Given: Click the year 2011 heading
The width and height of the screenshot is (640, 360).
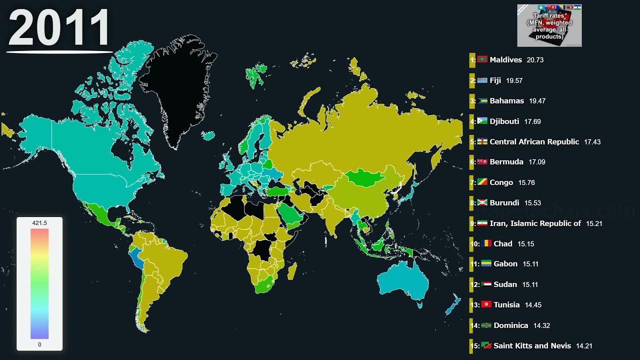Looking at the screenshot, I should (59, 28).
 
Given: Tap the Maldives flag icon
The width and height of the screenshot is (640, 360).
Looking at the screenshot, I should (482, 59).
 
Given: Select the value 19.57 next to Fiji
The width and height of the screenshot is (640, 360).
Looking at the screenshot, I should (514, 80).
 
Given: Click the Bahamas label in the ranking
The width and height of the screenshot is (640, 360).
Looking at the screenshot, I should (506, 101).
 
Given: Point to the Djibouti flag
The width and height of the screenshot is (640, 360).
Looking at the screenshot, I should (482, 121).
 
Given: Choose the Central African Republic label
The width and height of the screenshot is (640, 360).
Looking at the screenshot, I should (534, 142).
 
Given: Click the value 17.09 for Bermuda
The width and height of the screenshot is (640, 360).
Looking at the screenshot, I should (536, 162).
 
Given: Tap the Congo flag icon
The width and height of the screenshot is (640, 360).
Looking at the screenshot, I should (482, 182).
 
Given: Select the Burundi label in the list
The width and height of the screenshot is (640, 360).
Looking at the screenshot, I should (504, 203).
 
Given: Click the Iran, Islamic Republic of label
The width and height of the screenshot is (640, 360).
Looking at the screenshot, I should (535, 223).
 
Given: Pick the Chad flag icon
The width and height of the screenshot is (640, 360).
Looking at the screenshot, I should (486, 244).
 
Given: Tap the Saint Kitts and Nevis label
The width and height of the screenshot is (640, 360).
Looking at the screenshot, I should (532, 346).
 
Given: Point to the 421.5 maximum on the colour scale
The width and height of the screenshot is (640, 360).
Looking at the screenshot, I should (39, 223).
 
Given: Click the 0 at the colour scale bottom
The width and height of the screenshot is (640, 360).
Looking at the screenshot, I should (39, 344).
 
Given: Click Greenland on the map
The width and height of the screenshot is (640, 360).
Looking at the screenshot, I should (182, 85).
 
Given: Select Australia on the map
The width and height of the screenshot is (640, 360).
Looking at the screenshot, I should (403, 282).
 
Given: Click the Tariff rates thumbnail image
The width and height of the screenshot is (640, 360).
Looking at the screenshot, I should (549, 25).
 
